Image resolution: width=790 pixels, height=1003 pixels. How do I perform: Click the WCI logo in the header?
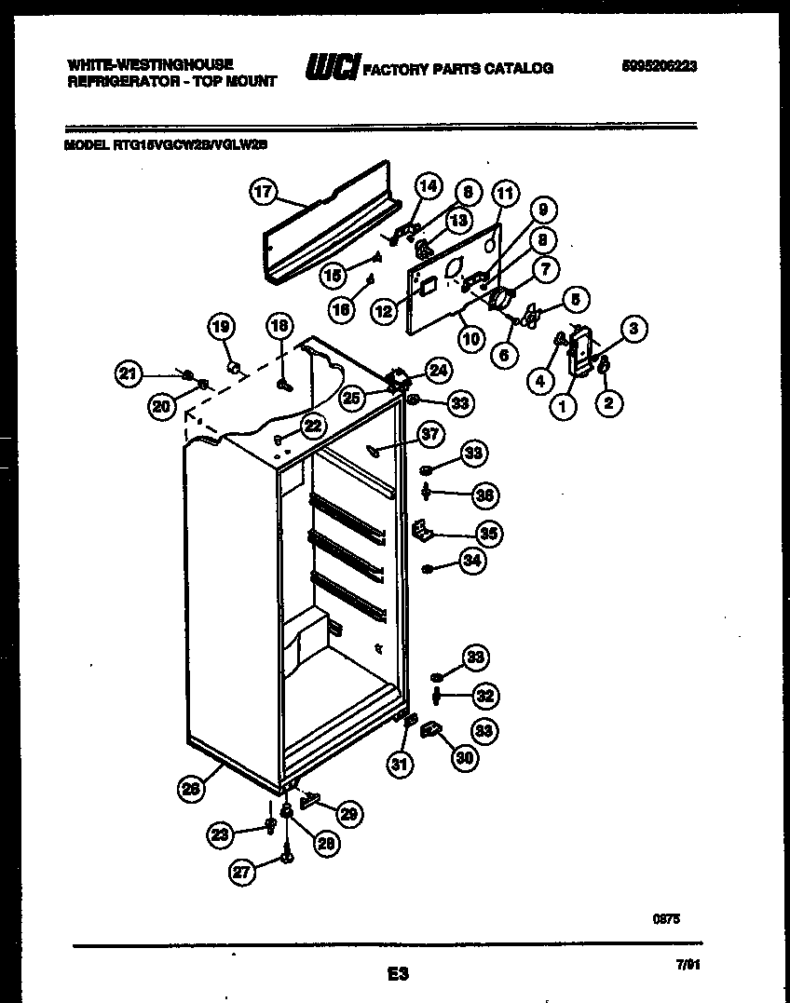click(332, 68)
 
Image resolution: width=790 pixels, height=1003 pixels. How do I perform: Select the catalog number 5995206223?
click(659, 66)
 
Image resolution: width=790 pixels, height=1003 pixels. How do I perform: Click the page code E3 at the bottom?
click(398, 974)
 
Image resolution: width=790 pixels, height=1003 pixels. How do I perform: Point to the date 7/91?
click(688, 967)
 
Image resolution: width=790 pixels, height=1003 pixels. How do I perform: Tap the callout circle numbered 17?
click(265, 193)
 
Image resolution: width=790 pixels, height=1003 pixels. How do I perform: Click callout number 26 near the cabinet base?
click(191, 788)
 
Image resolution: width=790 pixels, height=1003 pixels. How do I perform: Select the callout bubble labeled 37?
click(429, 433)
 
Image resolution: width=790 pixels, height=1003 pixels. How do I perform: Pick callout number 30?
click(463, 759)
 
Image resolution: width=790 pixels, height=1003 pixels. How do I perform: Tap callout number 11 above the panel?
click(503, 195)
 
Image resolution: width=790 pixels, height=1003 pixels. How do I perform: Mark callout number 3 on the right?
click(633, 328)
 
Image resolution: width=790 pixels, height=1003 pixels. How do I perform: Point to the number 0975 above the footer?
click(665, 917)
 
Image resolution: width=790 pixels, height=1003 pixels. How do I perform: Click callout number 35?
click(487, 534)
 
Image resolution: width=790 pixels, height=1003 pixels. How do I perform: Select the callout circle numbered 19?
click(220, 326)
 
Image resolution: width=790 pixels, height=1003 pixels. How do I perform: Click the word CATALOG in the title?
click(519, 68)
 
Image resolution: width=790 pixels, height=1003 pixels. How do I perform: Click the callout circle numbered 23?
click(220, 835)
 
